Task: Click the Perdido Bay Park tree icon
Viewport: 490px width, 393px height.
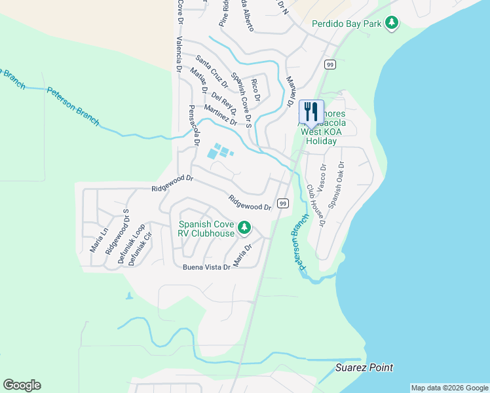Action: pyautogui.click(x=392, y=24)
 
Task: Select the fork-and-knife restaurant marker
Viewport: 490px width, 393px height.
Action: pyautogui.click(x=311, y=111)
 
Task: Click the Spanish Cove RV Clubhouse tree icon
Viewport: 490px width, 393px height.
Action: pyautogui.click(x=244, y=227)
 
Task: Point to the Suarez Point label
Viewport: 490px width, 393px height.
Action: pyautogui.click(x=364, y=367)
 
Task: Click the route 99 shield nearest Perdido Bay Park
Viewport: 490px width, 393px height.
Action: pyautogui.click(x=330, y=64)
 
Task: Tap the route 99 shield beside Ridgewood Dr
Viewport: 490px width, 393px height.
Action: pyautogui.click(x=283, y=203)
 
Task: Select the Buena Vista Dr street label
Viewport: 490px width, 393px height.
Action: pyautogui.click(x=206, y=267)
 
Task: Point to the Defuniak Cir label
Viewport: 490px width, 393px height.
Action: pyautogui.click(x=140, y=249)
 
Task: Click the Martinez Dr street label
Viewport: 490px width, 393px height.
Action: pyautogui.click(x=220, y=115)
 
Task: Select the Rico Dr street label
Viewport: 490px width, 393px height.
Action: pyautogui.click(x=256, y=88)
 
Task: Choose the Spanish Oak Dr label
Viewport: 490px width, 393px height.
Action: pyautogui.click(x=337, y=185)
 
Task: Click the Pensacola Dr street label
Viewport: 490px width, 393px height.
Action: pyautogui.click(x=193, y=124)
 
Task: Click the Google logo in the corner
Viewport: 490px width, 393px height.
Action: pyautogui.click(x=22, y=385)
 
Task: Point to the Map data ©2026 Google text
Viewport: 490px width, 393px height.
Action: pyautogui.click(x=449, y=388)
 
